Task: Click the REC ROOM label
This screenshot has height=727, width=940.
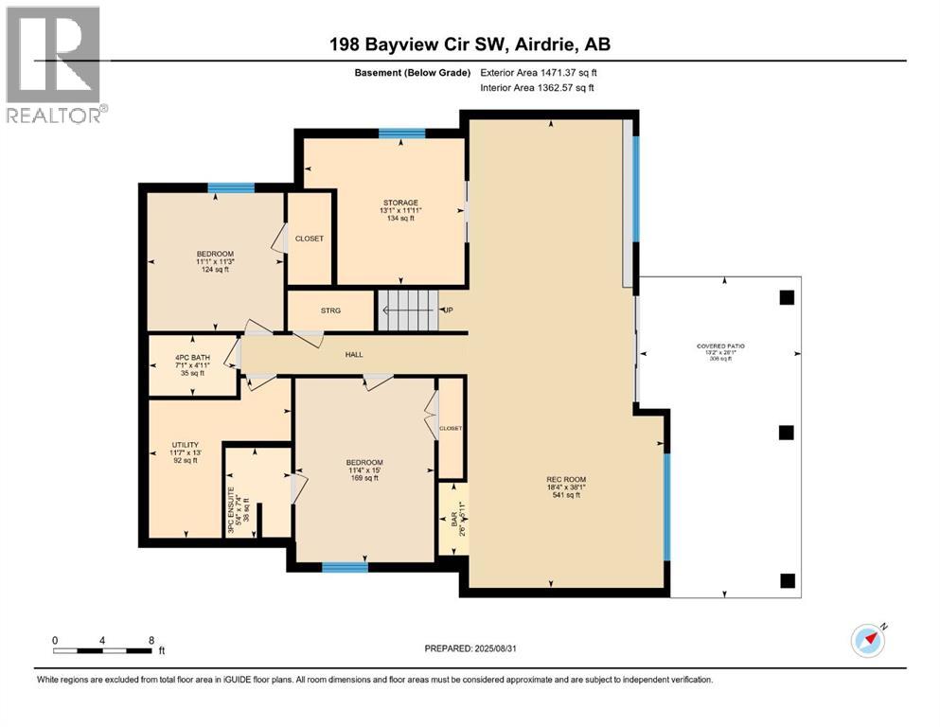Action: (566, 480)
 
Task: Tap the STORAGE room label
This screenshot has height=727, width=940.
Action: (400, 203)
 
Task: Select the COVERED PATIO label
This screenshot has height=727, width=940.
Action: (720, 346)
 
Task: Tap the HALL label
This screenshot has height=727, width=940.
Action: (353, 355)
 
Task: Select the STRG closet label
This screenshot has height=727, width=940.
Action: (330, 310)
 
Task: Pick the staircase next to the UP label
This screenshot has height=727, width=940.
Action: (410, 310)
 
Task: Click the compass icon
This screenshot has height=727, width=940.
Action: (867, 641)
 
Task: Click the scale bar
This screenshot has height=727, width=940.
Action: (103, 650)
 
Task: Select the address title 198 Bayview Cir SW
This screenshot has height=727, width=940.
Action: (470, 44)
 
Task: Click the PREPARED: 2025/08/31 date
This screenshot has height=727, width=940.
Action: (470, 648)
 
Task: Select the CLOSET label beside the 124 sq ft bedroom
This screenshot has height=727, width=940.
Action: (309, 239)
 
